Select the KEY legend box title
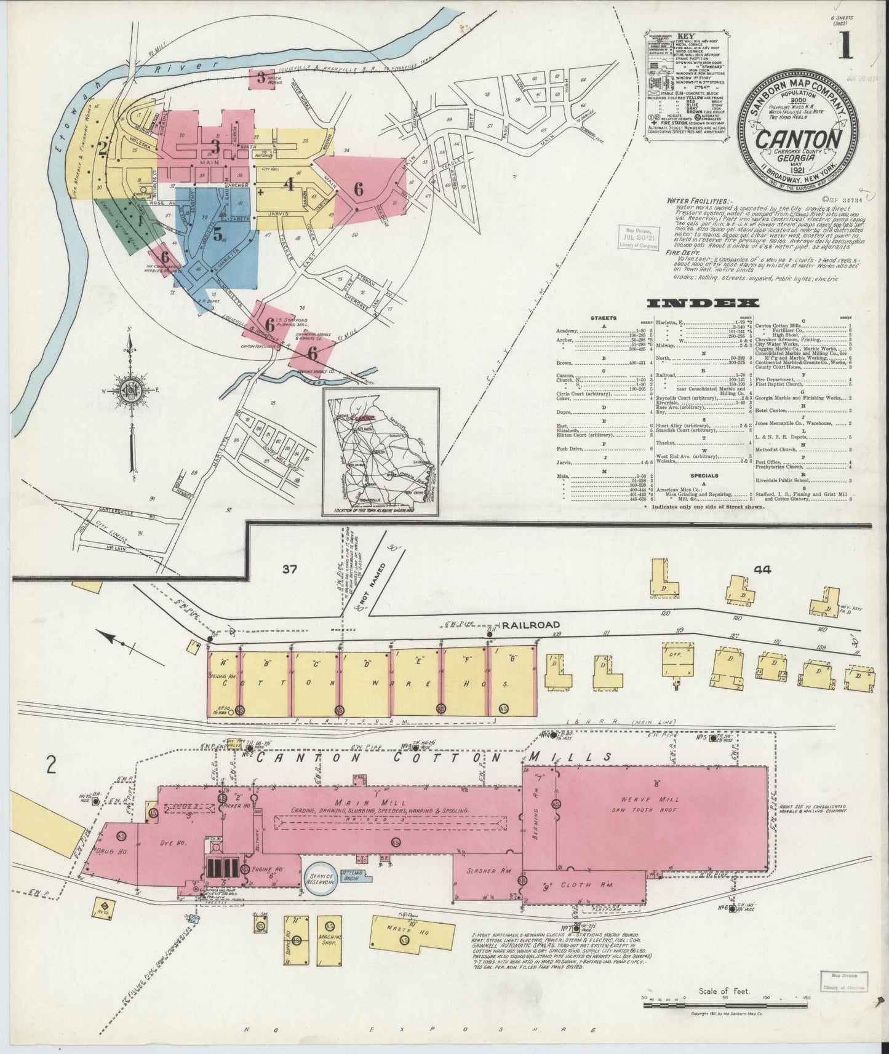pyautogui.click(x=685, y=36)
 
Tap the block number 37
pyautogui.click(x=289, y=569)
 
